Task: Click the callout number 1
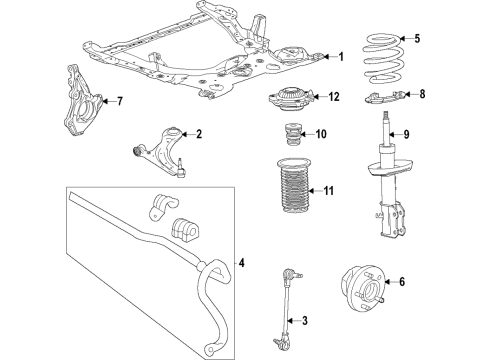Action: (340, 57)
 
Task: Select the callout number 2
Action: (198, 134)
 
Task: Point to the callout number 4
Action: (240, 264)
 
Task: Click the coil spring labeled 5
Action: (381, 59)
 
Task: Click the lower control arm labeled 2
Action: (160, 146)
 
